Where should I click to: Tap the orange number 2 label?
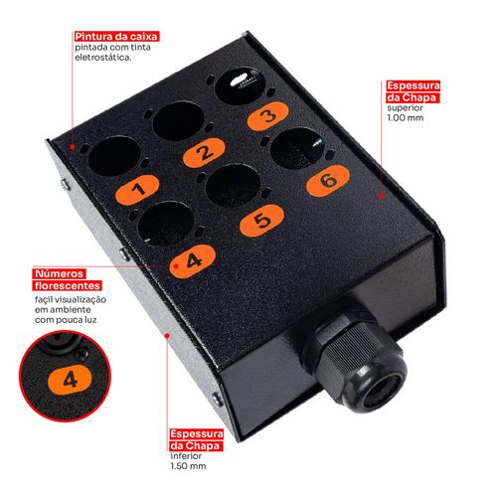203,152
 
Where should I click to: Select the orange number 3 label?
265,116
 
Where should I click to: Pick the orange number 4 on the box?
193,258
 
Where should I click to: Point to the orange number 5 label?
258,220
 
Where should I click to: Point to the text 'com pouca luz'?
70,321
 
